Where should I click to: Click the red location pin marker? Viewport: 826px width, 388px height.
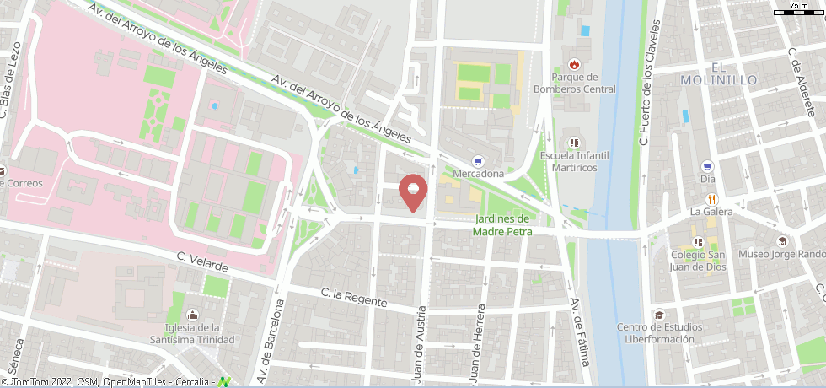point(412,191)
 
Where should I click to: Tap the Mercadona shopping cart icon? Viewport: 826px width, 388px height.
point(479,160)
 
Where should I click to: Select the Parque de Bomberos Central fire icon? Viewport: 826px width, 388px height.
point(574,64)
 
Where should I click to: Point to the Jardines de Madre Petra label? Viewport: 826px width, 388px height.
point(502,225)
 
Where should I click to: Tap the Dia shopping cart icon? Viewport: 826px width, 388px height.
point(707,165)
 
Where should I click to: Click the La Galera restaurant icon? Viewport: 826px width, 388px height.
point(711,198)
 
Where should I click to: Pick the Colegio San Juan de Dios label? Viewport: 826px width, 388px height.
point(699,261)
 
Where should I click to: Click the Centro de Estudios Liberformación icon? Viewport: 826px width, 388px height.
point(658,315)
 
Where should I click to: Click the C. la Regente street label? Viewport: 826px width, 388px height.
point(354,298)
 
